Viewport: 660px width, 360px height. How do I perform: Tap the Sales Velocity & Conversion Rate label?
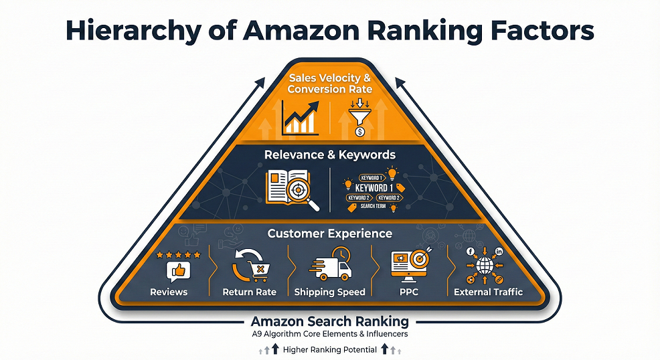click(329, 84)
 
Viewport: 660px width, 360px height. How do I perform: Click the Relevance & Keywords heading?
click(329, 155)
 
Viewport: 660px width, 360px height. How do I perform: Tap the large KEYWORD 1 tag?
click(372, 188)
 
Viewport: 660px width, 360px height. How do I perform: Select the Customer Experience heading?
click(329, 234)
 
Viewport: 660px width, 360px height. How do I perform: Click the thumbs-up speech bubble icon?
click(178, 271)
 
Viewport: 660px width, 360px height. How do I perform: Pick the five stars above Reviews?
click(178, 255)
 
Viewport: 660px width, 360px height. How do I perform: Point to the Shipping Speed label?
click(330, 292)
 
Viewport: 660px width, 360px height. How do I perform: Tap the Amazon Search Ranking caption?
click(329, 321)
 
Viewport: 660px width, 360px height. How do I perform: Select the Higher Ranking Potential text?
click(329, 349)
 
